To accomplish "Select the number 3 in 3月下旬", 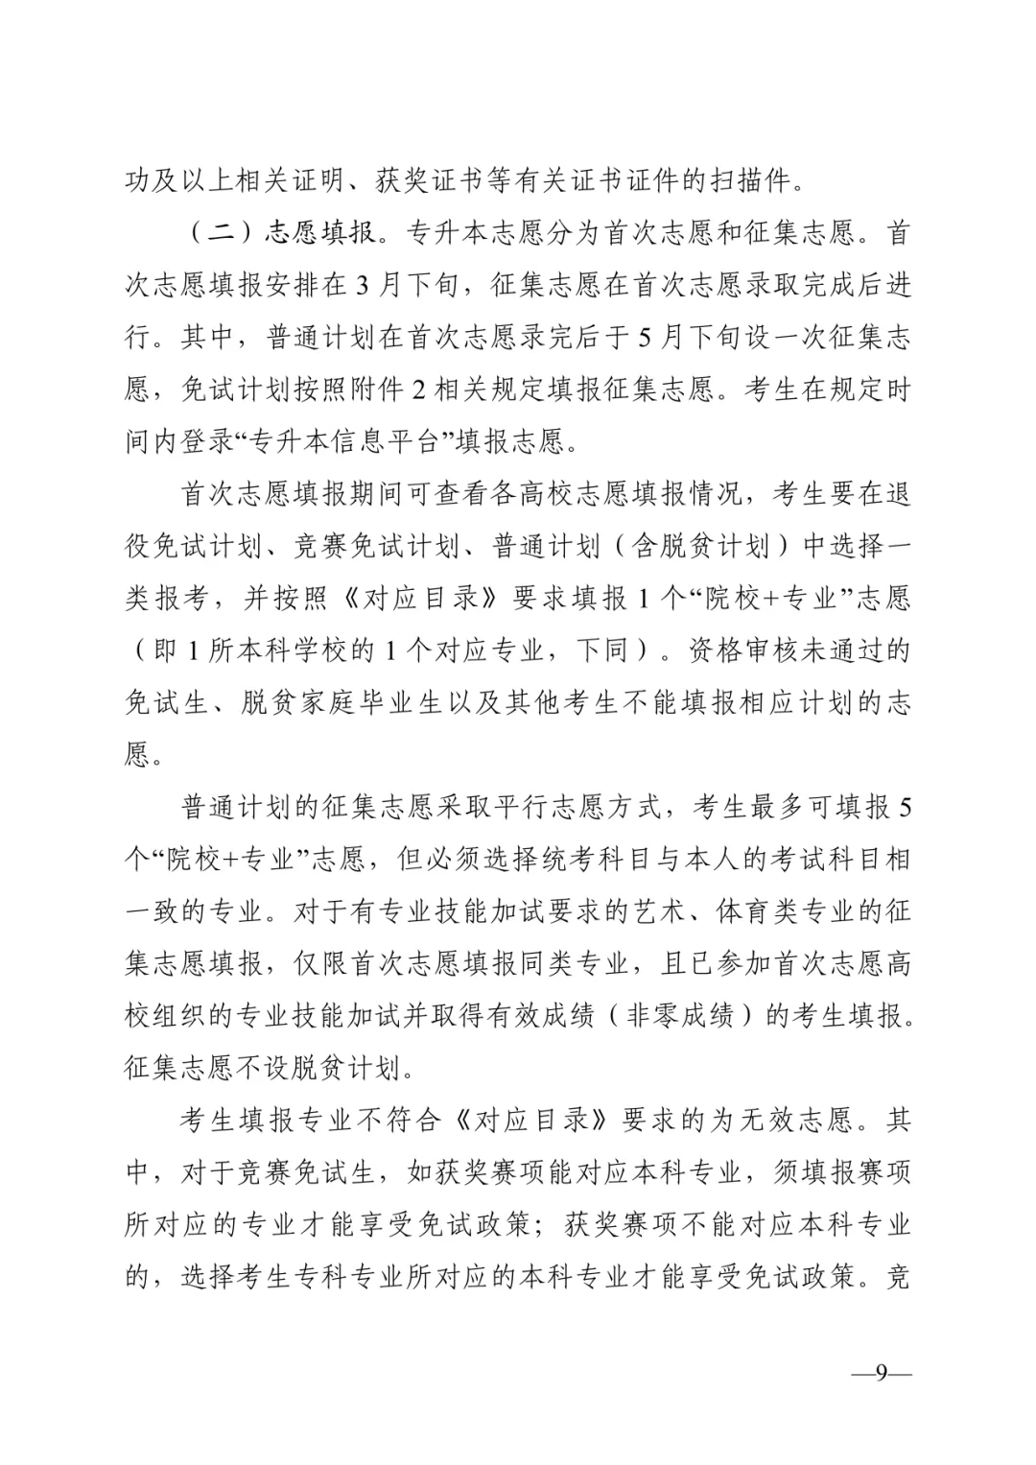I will tap(361, 285).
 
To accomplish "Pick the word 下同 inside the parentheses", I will tap(601, 650).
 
